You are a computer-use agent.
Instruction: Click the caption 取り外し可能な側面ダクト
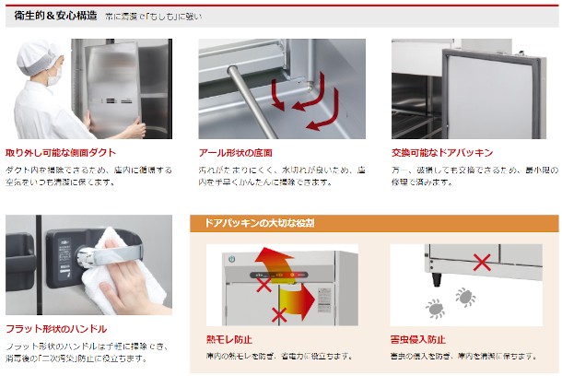pyautogui.click(x=60, y=152)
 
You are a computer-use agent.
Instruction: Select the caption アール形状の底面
pyautogui.click(x=236, y=152)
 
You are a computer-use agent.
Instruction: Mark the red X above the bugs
pyautogui.click(x=481, y=263)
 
